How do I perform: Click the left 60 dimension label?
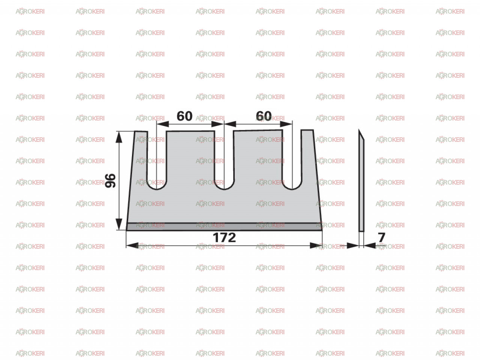click(x=184, y=116)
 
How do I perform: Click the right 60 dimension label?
click(x=264, y=116)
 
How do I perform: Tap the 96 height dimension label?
click(x=110, y=180)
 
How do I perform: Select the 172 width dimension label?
click(x=224, y=238)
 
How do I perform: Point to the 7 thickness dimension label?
click(x=382, y=237)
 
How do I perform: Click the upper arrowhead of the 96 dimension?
click(x=119, y=137)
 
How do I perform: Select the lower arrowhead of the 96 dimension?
click(x=119, y=224)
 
